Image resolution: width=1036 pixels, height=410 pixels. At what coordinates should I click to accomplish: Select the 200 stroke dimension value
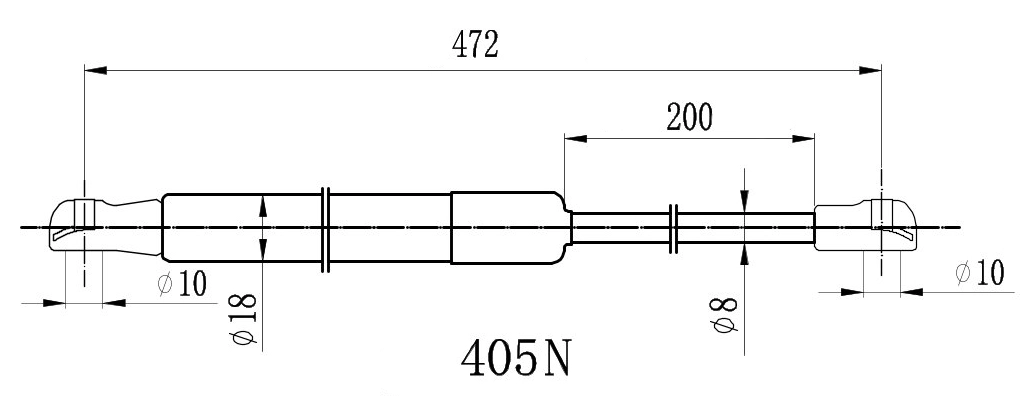point(689,117)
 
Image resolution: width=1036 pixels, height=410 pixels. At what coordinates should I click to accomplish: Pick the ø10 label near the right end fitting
point(980,272)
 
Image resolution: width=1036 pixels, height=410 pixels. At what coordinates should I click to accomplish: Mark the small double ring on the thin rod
point(674,228)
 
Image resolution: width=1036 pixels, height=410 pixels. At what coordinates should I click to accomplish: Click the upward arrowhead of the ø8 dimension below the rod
point(745,253)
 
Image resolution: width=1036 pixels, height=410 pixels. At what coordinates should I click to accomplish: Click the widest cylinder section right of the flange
point(504,227)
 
